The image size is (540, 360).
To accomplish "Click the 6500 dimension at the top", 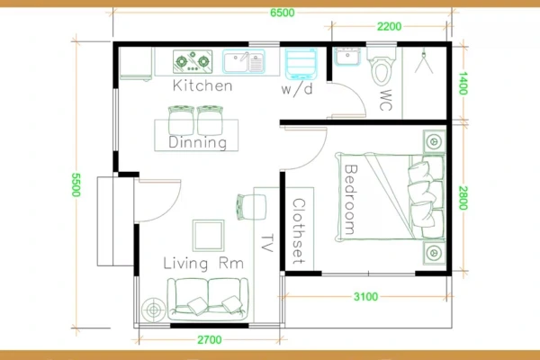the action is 282,13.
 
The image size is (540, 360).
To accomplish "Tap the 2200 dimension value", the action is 389,26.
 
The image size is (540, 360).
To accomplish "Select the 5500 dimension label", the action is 76,184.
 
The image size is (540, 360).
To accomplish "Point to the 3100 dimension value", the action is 365,297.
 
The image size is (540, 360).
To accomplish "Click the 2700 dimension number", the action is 210,340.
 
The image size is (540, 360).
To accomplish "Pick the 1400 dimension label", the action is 463,84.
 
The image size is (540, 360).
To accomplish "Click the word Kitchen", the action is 202,85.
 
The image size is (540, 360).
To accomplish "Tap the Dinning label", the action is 198,142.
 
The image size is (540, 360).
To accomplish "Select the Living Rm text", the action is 203,263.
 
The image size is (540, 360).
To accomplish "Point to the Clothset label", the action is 299,231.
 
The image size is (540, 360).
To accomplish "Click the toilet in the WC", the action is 382,67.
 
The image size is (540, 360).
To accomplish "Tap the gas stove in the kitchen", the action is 193,62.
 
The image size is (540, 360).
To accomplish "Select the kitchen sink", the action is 244,61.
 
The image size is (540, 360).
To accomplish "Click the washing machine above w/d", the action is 301,64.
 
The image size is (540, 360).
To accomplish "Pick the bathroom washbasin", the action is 347,57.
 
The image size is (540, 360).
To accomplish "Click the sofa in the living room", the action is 208,298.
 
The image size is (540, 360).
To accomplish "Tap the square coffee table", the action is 209,236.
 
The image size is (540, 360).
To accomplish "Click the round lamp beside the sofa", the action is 153,310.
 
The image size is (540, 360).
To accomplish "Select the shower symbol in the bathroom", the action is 424,61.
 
